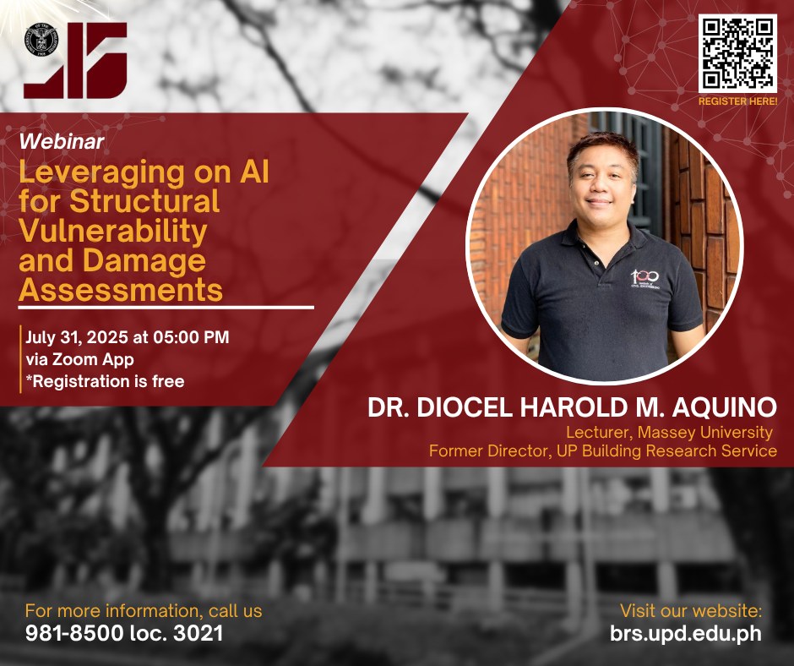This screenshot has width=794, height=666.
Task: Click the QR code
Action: tap(737, 54)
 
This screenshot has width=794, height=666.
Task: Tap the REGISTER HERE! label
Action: tap(737, 101)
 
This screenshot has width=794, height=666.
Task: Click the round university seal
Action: tap(41, 40)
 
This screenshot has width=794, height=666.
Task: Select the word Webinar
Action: tap(62, 141)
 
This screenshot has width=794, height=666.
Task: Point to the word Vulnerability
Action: tap(113, 231)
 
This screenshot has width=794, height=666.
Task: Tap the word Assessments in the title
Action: tap(121, 290)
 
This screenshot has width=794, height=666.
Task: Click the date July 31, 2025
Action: tap(78, 337)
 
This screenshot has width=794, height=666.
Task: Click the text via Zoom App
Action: tap(80, 359)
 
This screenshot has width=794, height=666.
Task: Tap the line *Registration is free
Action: tap(105, 381)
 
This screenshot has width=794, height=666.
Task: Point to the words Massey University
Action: tap(704, 433)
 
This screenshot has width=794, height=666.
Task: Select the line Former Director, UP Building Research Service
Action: tap(602, 450)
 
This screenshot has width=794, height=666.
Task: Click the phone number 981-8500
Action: tap(74, 634)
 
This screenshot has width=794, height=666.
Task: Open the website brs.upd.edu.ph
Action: tap(686, 634)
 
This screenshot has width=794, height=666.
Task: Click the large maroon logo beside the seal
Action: tap(76, 60)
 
